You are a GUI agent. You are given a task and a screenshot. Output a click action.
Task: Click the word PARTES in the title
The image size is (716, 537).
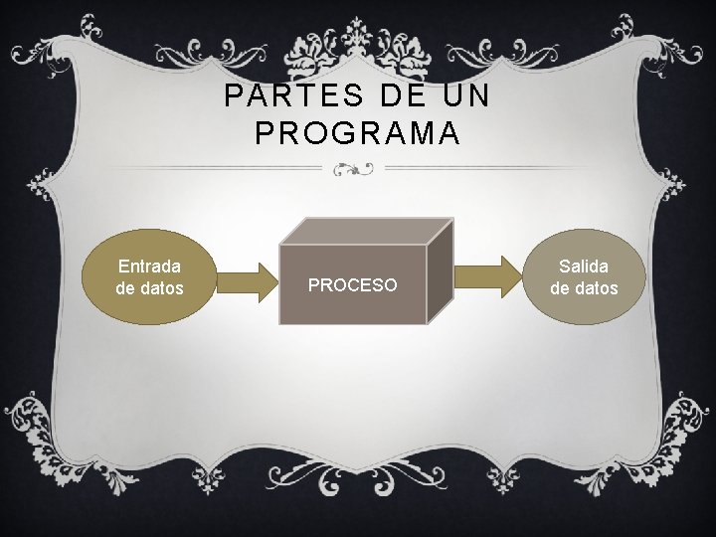tap(268, 97)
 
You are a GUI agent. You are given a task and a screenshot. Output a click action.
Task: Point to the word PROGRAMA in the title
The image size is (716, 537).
tap(357, 133)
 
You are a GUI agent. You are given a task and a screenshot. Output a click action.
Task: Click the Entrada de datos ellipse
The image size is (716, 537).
tap(149, 277)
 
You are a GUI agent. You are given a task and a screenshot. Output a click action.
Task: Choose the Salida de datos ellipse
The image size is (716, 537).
tap(584, 277)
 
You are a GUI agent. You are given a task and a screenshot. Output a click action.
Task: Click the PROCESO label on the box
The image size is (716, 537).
tap(352, 285)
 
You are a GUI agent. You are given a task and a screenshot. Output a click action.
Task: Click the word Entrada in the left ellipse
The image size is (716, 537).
tap(149, 267)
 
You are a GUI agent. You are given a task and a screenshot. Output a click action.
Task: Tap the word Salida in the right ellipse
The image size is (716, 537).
tap(584, 267)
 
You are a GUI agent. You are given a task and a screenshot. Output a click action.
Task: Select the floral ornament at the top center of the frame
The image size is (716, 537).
tap(357, 45)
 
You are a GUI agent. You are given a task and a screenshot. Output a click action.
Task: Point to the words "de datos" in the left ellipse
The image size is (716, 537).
tap(149, 289)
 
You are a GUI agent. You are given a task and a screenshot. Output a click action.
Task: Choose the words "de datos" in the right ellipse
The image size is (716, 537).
tap(584, 289)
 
